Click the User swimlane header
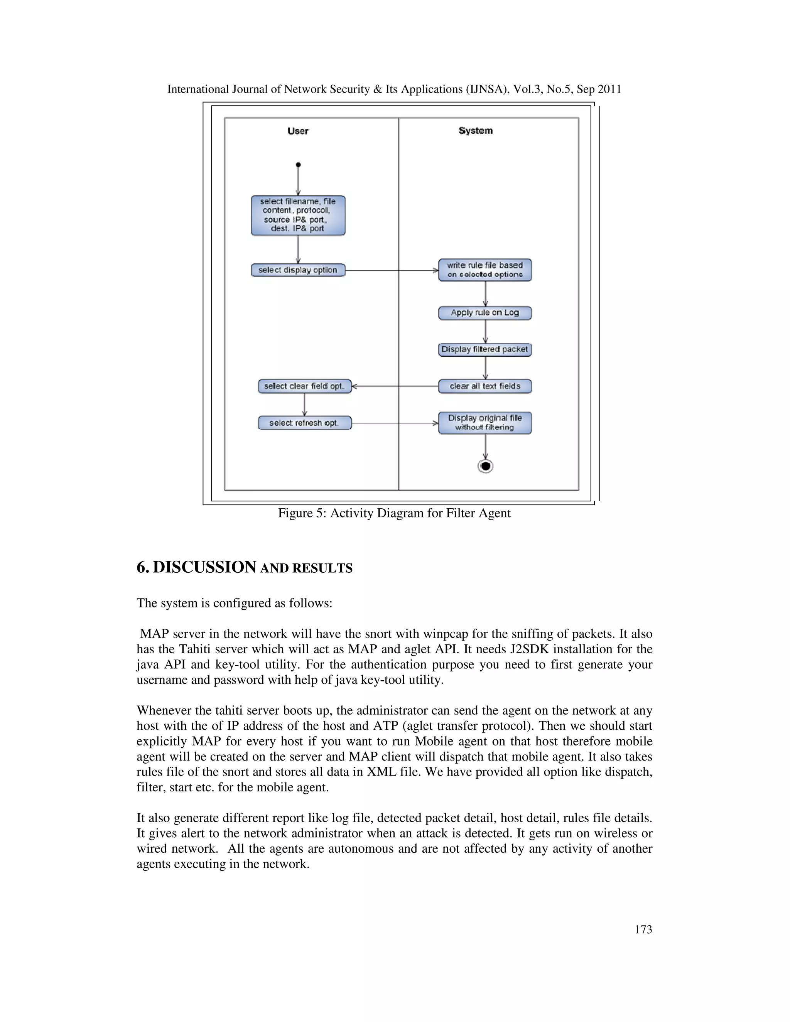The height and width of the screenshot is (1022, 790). click(298, 131)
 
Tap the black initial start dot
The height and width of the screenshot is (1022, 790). click(298, 165)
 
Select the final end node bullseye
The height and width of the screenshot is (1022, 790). click(485, 466)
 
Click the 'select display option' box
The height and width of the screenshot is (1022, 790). click(298, 270)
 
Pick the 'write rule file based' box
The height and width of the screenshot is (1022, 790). click(485, 270)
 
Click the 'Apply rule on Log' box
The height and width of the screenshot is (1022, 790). click(485, 313)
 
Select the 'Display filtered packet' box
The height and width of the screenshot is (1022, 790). click(485, 349)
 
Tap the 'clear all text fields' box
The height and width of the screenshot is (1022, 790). click(485, 386)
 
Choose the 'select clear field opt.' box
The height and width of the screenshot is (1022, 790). click(304, 386)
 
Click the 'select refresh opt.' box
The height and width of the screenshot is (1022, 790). click(304, 423)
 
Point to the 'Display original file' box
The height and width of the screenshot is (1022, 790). click(485, 423)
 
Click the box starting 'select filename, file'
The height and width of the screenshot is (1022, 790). click(298, 215)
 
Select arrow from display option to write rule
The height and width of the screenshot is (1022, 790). click(391, 270)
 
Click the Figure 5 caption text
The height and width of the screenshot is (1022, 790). click(394, 513)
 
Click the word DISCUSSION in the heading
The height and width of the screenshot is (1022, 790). click(204, 567)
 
